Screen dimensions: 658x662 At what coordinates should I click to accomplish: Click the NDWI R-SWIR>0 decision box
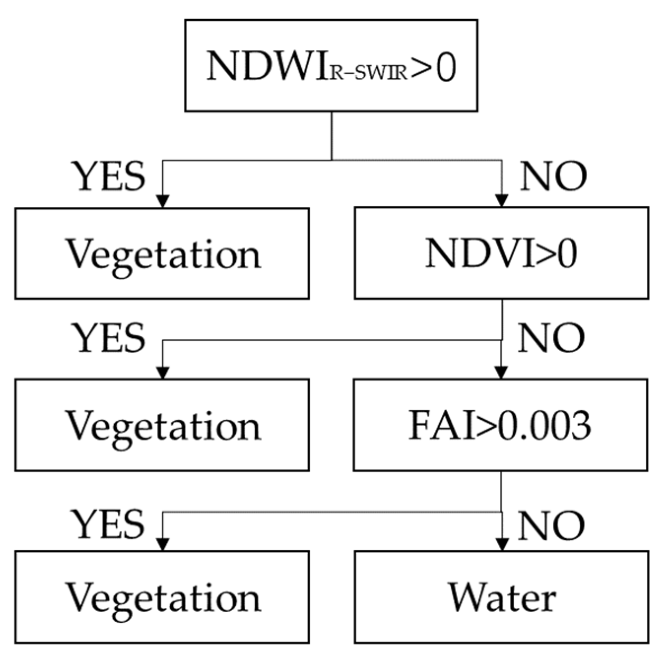coord(331,66)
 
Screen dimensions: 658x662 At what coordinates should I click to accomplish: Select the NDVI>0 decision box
coord(501,253)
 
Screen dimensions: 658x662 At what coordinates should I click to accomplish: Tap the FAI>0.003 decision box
coord(500,425)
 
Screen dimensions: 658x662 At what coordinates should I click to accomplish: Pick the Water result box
coord(501,597)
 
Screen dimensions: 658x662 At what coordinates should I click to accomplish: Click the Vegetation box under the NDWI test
coord(162,253)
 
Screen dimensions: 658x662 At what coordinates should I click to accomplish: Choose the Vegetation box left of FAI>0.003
coord(162,425)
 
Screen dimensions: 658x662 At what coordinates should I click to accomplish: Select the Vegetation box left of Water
coord(162,597)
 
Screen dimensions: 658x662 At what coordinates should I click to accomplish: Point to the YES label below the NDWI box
coord(109,176)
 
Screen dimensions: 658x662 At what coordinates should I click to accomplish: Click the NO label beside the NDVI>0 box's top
coord(553,176)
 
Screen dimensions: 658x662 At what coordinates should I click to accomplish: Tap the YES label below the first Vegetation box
coord(109,337)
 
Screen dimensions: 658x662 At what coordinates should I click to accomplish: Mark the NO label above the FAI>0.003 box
coord(551,337)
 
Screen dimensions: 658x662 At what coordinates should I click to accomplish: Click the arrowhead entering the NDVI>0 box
coord(501,201)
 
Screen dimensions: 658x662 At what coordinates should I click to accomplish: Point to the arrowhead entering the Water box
coord(501,545)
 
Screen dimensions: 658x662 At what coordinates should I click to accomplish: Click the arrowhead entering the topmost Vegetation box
coord(163,201)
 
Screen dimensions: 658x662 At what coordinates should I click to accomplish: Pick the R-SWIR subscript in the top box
coord(368,73)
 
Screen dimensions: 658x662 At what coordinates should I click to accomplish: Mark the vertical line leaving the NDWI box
coord(331,135)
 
